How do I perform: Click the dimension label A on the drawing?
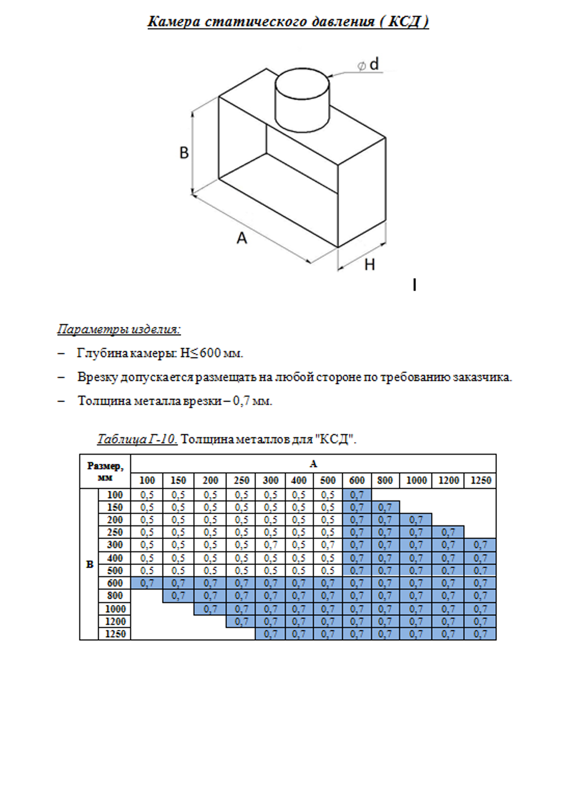242,238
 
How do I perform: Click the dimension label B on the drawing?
184,153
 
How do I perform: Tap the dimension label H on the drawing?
370,265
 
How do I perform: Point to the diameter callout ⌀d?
368,64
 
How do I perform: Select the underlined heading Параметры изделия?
119,329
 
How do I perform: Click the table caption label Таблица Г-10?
137,439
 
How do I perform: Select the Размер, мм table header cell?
105,471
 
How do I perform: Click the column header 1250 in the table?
481,480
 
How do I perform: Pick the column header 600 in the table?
357,480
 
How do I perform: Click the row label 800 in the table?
115,595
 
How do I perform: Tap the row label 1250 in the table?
115,634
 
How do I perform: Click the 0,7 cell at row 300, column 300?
271,545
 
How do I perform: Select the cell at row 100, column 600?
357,495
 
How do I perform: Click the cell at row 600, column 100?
147,583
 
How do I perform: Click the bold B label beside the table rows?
89,564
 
